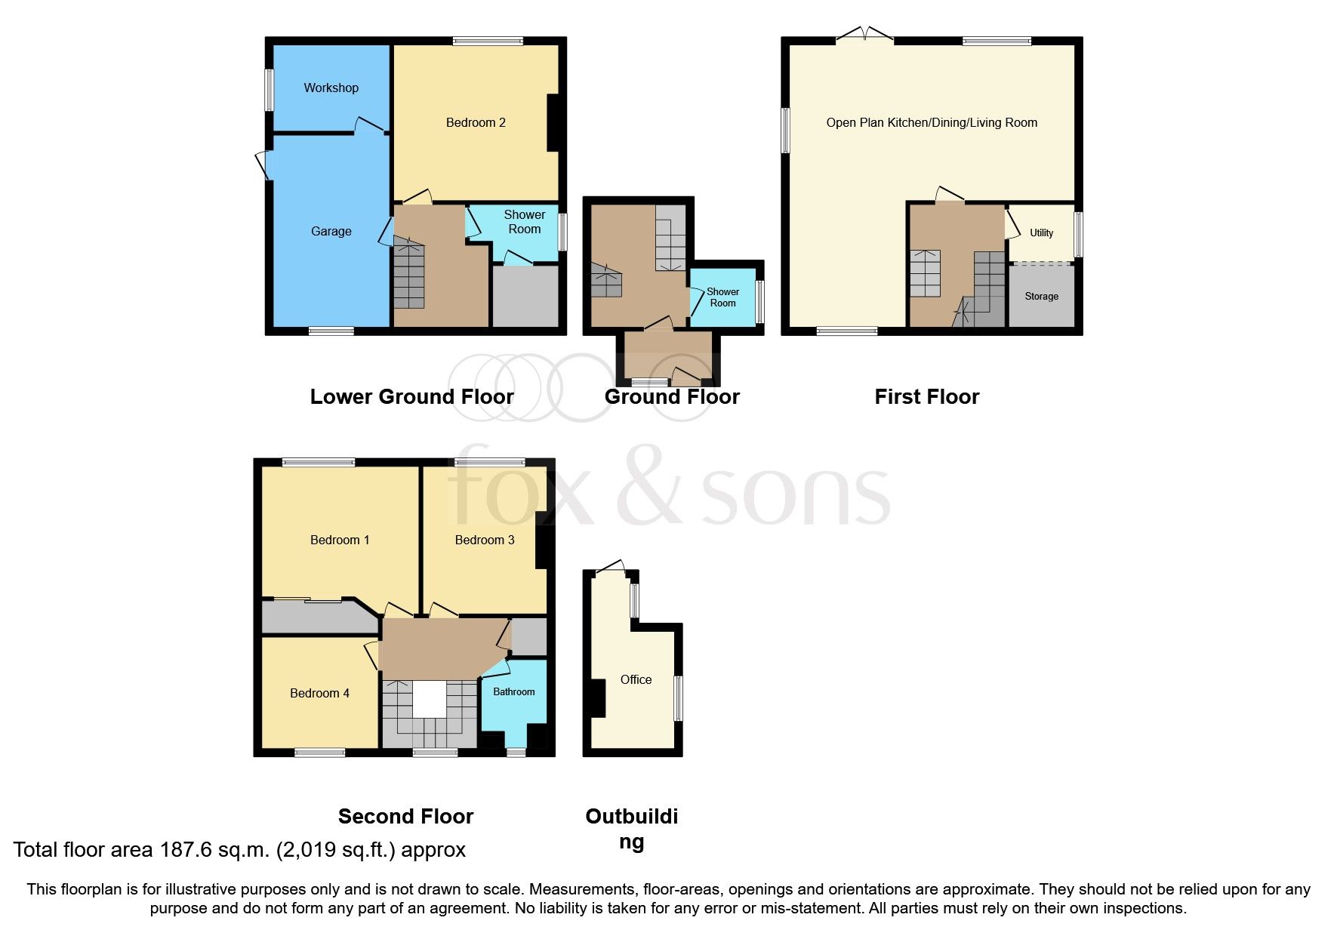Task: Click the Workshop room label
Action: (x=331, y=88)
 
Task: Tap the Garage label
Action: (x=331, y=231)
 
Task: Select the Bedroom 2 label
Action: (x=476, y=122)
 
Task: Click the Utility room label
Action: (x=1041, y=232)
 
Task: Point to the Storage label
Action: (x=1041, y=296)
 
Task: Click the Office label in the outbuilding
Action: (x=636, y=679)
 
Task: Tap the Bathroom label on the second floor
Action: (x=513, y=691)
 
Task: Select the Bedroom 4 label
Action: (x=319, y=693)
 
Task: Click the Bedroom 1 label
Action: (x=340, y=540)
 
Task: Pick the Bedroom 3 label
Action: (x=484, y=540)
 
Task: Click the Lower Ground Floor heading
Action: (x=411, y=396)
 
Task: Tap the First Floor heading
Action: (x=926, y=396)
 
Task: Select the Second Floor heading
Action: (x=405, y=816)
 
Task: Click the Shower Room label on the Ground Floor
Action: (x=722, y=297)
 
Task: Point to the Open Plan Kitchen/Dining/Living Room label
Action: (x=932, y=122)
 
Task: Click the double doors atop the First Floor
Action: (x=865, y=36)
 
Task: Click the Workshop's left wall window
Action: (x=269, y=91)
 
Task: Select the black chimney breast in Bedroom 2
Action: (x=553, y=122)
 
